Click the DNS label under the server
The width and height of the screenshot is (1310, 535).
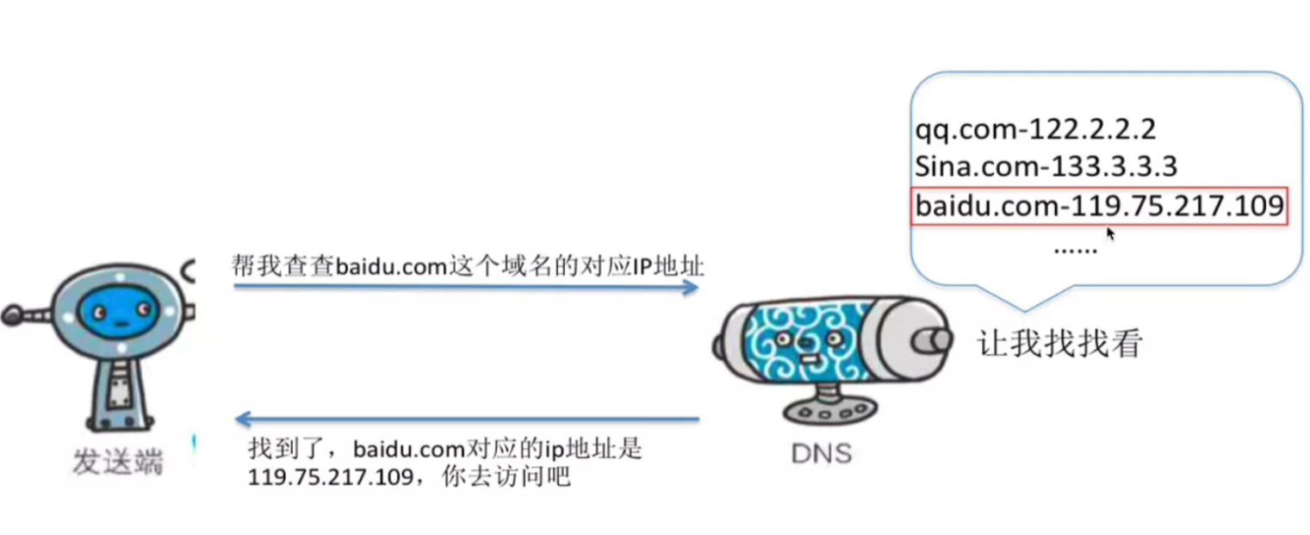coord(820,451)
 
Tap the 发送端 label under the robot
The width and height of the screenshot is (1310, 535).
coord(117,463)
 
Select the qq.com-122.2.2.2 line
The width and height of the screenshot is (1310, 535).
coord(1034,130)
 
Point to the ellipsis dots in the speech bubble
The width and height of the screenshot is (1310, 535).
coord(1076,248)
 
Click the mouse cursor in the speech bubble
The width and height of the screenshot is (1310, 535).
coord(1110,233)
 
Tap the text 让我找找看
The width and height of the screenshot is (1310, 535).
coord(1059,344)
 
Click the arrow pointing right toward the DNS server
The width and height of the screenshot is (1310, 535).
coord(465,287)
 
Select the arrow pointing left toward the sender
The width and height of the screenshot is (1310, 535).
coord(465,420)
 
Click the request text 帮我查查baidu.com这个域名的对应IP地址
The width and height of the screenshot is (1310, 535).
coord(468,265)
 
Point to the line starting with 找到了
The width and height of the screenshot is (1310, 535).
coord(445,449)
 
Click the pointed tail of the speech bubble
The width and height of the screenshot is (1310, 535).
coord(1024,301)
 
